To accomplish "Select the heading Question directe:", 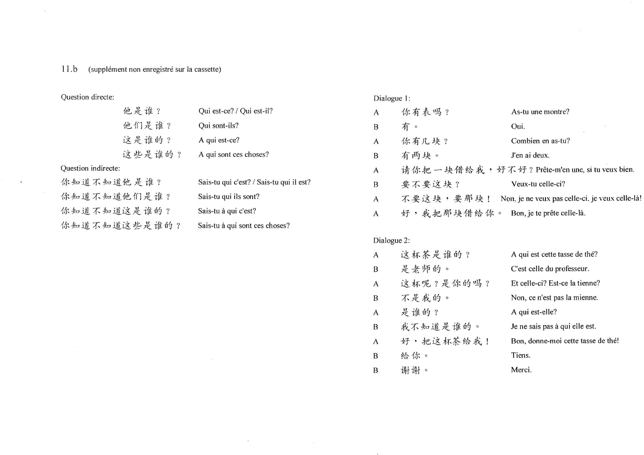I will [x=88, y=97].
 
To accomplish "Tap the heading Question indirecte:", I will [x=90, y=168].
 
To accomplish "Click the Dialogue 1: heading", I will [x=392, y=98].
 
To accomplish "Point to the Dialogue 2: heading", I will [x=391, y=241].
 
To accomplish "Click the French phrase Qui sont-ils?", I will [x=219, y=126].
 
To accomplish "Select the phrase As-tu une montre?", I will [x=540, y=112].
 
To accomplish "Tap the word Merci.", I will [x=521, y=370].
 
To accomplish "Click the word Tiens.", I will [x=520, y=355].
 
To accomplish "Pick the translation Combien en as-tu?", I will [x=540, y=141].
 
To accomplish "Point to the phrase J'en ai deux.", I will [x=530, y=155].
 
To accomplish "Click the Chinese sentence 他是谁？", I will [x=142, y=111].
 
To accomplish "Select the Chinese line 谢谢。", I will [x=414, y=370].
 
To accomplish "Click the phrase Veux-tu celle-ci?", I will [x=538, y=184].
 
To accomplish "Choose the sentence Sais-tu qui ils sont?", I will [x=229, y=197].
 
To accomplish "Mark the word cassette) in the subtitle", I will [x=208, y=70].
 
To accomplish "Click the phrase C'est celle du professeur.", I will [x=550, y=269].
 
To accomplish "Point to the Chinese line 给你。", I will [x=414, y=356].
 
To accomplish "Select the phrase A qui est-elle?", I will [x=534, y=312].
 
